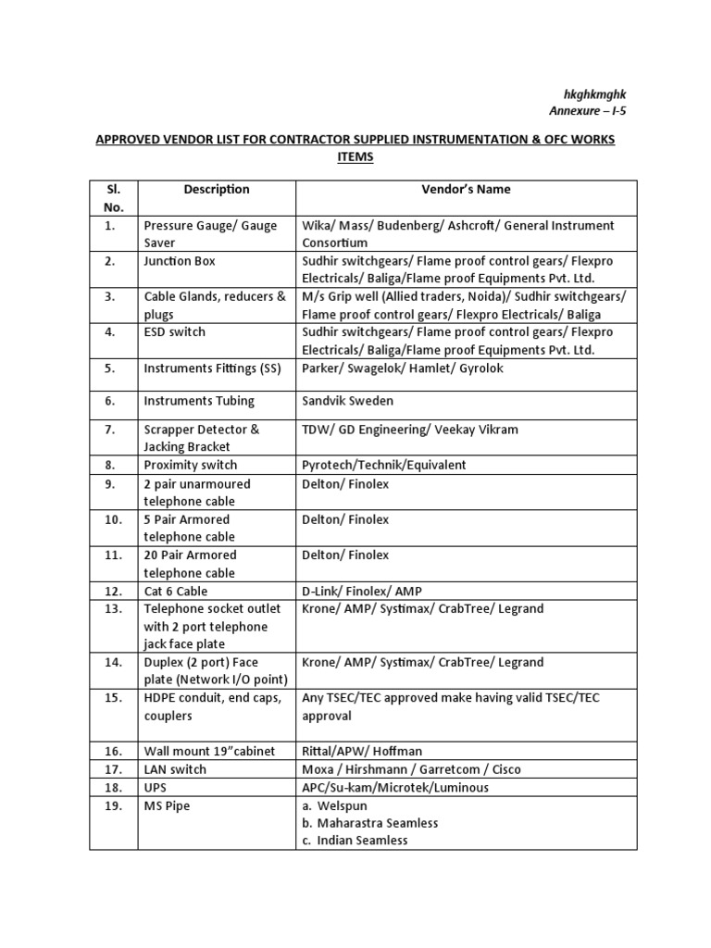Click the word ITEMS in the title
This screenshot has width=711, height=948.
coord(355,157)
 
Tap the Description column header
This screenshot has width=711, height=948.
coord(216,189)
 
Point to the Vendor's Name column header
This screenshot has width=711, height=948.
coord(466,189)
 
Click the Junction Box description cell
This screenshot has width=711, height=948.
coord(180,261)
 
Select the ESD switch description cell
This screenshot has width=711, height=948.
coord(175,331)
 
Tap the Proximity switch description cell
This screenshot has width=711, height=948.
coord(191,465)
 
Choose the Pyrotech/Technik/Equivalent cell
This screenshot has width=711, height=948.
coord(384,465)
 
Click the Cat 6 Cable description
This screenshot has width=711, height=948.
coord(176,591)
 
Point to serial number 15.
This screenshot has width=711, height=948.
coord(113,698)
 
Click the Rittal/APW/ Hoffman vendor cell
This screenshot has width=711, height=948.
coord(362,751)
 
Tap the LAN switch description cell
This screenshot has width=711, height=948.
coord(175,769)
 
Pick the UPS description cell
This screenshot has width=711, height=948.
coord(156,787)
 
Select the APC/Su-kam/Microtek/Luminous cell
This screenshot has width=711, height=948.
coord(395,787)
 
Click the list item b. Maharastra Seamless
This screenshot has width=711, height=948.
coord(370,822)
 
